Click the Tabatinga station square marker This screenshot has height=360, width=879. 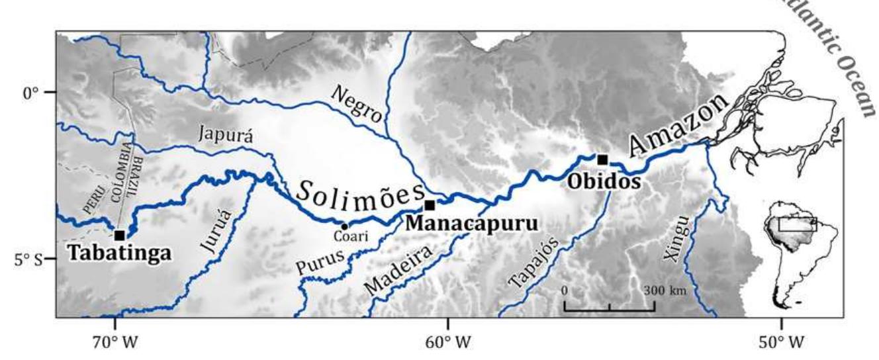click(x=119, y=235)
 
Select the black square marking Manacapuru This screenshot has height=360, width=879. click(x=430, y=205)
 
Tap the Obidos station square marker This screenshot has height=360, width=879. click(x=602, y=159)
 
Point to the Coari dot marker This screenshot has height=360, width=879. click(x=344, y=226)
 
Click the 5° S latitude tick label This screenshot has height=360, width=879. click(x=27, y=259)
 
